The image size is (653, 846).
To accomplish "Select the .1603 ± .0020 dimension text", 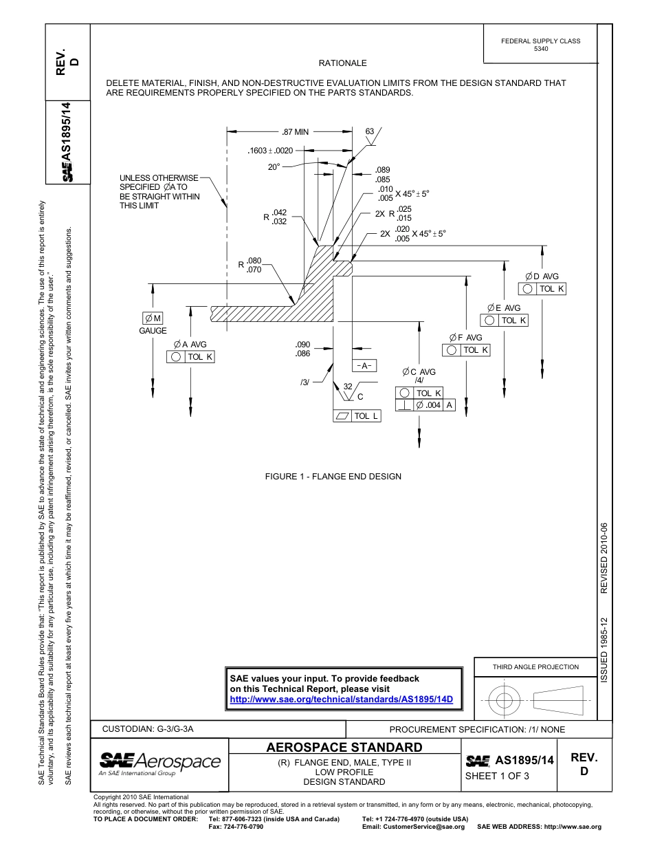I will tap(270, 151).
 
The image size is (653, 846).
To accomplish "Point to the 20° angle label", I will tap(274, 167).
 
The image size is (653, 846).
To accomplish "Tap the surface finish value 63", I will tap(370, 131).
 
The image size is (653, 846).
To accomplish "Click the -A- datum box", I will tap(364, 366).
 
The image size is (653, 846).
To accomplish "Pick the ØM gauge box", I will tap(153, 318).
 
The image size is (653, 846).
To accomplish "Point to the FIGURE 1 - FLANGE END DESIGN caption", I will tap(333, 477).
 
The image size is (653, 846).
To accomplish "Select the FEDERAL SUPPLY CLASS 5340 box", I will tap(540, 45).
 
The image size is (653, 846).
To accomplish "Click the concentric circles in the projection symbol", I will tap(505, 701).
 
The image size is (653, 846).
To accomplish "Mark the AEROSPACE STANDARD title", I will tap(344, 747).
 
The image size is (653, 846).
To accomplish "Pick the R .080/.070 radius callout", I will tap(250, 265).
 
